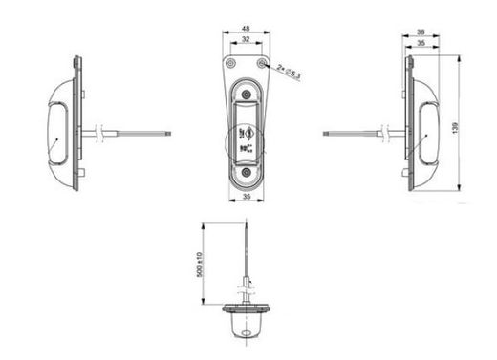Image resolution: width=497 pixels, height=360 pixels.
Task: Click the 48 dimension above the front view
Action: coord(247,31)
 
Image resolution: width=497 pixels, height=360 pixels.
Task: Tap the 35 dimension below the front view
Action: coord(247,196)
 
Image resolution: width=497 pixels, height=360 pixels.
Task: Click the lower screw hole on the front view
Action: coord(247,172)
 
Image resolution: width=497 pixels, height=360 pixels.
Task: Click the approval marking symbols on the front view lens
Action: coord(248,139)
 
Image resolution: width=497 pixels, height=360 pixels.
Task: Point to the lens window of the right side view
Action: coord(423,128)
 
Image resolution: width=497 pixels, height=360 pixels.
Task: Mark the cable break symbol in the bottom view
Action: coord(246,280)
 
